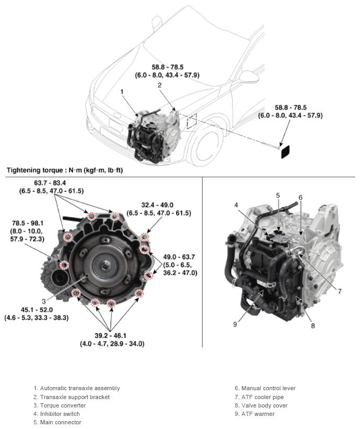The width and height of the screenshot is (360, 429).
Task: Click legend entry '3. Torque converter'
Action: [x=61, y=405]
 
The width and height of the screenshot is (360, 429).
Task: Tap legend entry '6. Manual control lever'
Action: [x=265, y=388]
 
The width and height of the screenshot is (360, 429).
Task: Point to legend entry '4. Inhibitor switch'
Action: [x=60, y=414]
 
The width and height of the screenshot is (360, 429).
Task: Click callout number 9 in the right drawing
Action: [x=235, y=324]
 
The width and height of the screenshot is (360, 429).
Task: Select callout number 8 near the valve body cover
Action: [x=313, y=325]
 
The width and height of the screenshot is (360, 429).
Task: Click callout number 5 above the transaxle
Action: [x=278, y=195]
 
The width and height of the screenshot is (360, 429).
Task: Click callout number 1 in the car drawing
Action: [x=122, y=91]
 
